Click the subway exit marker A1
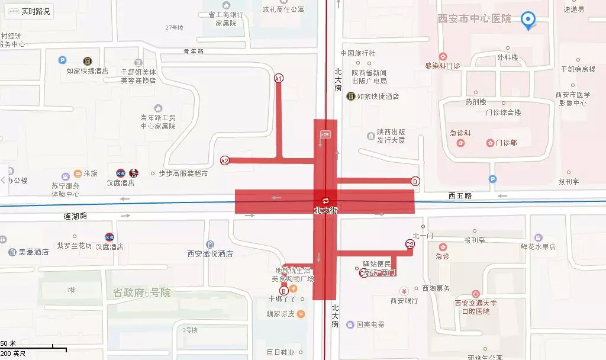coord(279,78)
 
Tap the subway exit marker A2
coord(225,160)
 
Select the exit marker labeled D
coord(415,181)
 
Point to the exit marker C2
coord(410,244)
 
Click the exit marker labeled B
coord(284,290)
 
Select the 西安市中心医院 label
coord(474,19)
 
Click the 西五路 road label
coord(460,195)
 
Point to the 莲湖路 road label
coord(75,216)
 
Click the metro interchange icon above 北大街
coord(325,200)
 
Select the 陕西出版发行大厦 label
coord(391,136)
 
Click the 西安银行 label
coord(404,301)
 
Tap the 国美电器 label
coord(370,324)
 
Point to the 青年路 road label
coord(194,52)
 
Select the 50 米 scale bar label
coord(8,344)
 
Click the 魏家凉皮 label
coord(281,314)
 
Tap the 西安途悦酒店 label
coord(210,253)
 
